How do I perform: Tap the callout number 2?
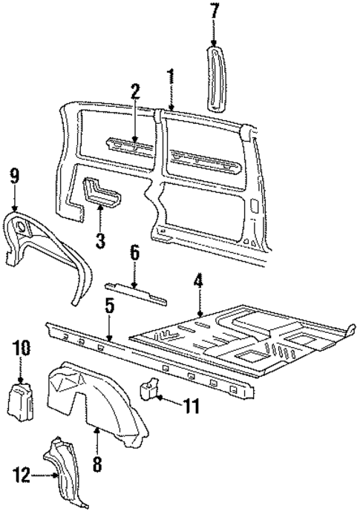[x=134, y=93]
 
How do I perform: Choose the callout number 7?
[x=215, y=12]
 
